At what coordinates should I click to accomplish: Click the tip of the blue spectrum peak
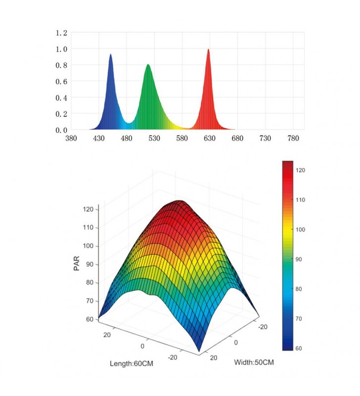tap(110, 54)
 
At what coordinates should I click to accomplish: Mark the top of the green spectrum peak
tap(148, 64)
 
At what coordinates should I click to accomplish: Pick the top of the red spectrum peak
tap(208, 49)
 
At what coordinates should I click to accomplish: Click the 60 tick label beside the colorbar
tap(299, 348)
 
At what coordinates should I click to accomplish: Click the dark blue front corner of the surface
tap(199, 351)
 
